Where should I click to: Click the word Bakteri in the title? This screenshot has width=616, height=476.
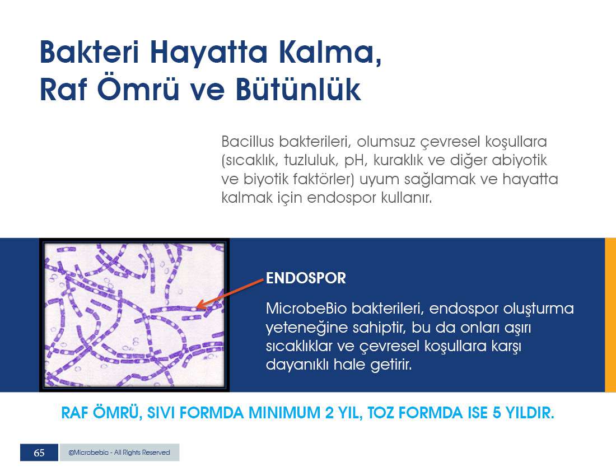[x=89, y=52]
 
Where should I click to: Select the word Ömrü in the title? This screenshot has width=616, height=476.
[x=138, y=89]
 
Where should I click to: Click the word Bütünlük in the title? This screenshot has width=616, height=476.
[x=298, y=89]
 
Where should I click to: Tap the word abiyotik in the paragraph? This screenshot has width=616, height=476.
[x=519, y=160]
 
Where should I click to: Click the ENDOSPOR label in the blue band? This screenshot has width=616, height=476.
[x=306, y=278]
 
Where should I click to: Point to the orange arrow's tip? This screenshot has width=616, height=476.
[x=196, y=306]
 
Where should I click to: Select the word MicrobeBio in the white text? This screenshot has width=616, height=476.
[x=306, y=309]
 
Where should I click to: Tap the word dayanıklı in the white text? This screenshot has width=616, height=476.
[x=297, y=365]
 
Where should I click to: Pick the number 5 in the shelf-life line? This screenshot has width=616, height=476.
[x=497, y=413]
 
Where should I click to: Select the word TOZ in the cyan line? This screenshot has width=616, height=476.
[x=381, y=413]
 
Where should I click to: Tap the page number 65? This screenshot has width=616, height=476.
[x=39, y=452]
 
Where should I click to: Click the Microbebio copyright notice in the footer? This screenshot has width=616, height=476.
[x=119, y=452]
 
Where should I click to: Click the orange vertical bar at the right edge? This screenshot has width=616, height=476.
[x=610, y=315]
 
